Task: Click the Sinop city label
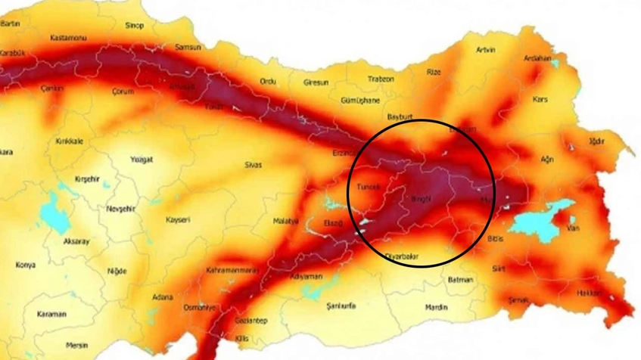tap(134, 25)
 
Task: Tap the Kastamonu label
tap(68, 37)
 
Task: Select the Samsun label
tap(188, 47)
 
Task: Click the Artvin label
tap(485, 50)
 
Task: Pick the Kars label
tap(540, 99)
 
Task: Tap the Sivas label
tap(253, 163)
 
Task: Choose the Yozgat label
tap(142, 160)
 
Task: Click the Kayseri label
tap(178, 219)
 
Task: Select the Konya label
tap(25, 265)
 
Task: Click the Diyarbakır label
tap(402, 256)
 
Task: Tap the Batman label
tap(460, 280)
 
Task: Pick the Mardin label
tap(436, 307)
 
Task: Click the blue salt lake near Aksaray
tap(53, 215)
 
